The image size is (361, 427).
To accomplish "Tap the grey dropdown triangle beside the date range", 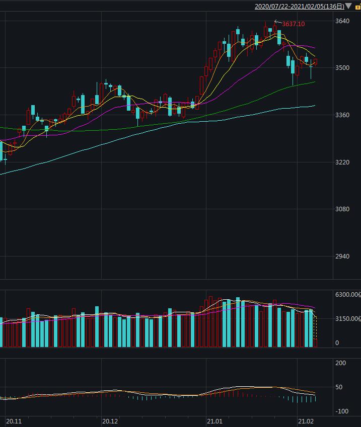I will click(x=349, y=7).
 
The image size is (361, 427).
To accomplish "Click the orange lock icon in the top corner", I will click(x=357, y=7).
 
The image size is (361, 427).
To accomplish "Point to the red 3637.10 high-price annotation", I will click(x=293, y=24).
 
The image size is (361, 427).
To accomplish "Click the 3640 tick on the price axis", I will click(x=342, y=21).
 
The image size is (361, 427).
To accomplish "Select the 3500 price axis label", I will click(x=342, y=68).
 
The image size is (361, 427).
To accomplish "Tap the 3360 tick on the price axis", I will click(x=342, y=115).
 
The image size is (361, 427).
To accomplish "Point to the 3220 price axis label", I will click(x=342, y=162).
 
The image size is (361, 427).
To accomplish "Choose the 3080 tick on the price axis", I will click(x=342, y=209).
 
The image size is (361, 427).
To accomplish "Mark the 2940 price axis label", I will click(x=342, y=257).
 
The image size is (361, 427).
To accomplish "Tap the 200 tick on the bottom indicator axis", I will click(x=340, y=363).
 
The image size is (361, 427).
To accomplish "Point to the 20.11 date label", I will click(x=14, y=421).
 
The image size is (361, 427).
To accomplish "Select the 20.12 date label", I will click(x=110, y=421).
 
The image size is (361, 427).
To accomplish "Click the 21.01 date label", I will click(x=215, y=421).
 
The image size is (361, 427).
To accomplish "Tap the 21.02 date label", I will click(x=306, y=421).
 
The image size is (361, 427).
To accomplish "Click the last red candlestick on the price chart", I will click(x=315, y=62).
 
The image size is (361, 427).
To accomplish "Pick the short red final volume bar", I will click(x=316, y=343).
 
